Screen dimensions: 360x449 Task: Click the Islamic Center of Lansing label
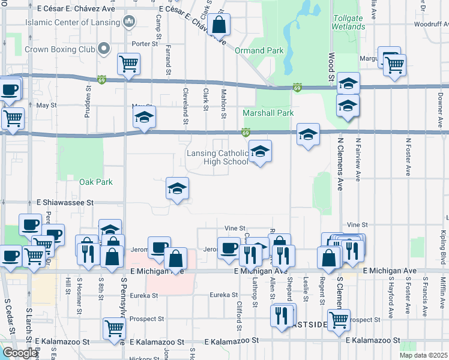(x=72, y=23)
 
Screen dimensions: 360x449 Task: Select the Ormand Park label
(x=259, y=51)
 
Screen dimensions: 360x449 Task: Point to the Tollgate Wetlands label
(x=348, y=22)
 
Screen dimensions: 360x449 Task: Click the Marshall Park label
(x=268, y=113)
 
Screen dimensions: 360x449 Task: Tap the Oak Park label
(x=96, y=182)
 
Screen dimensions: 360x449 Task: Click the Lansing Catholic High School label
(x=217, y=157)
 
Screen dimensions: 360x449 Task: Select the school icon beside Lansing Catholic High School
(x=260, y=152)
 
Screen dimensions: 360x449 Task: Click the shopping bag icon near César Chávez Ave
(x=218, y=25)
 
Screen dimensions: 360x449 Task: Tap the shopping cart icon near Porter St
(x=128, y=64)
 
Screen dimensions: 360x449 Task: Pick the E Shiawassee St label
(x=65, y=203)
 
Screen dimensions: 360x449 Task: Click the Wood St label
(x=331, y=67)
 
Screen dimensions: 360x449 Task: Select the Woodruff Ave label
(x=432, y=25)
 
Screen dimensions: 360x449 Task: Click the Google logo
(x=20, y=353)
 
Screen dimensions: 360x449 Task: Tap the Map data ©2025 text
(x=423, y=355)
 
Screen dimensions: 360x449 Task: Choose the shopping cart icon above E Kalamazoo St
(x=113, y=328)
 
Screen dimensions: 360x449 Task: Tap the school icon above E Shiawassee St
(x=177, y=189)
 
